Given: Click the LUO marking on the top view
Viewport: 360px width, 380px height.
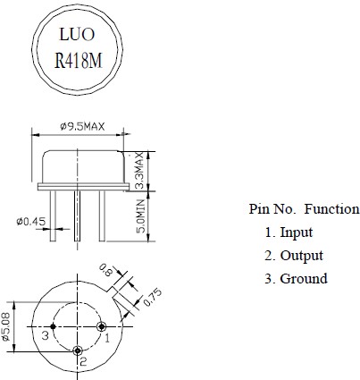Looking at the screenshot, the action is (x=77, y=34).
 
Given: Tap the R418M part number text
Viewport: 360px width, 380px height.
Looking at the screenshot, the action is (x=79, y=61).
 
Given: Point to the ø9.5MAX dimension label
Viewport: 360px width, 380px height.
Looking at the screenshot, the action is (x=82, y=127).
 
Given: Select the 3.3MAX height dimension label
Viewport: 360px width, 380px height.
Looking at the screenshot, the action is (x=139, y=170).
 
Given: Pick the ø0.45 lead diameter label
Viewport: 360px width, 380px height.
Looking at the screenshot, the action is (x=31, y=222).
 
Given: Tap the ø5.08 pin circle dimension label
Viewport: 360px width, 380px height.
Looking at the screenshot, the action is (x=6, y=326).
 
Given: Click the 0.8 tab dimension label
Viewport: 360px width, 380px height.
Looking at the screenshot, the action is (x=105, y=270).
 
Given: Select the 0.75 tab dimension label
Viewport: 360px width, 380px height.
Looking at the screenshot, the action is (x=153, y=297).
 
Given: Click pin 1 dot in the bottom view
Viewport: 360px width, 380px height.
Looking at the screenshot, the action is (x=102, y=326).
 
